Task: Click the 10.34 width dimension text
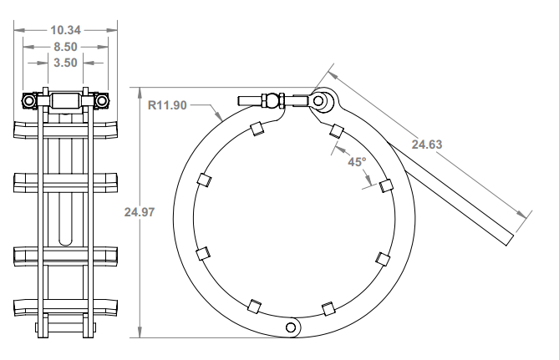pos(65,29)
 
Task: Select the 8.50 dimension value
pos(65,46)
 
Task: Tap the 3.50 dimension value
pos(65,62)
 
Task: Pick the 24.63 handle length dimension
pos(427,144)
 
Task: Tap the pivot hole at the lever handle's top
pos(319,100)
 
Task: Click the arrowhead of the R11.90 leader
pos(221,123)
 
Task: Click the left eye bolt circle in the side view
pos(30,101)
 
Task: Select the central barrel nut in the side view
pos(65,101)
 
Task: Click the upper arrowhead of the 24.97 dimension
pos(140,89)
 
